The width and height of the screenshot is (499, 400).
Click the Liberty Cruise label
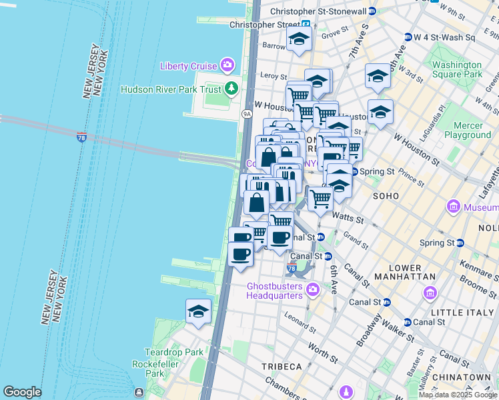188,65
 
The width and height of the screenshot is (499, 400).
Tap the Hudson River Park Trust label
171,89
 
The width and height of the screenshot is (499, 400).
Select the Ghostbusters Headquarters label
275,291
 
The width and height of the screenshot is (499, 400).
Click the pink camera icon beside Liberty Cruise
228,65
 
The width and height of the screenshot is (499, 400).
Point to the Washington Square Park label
456,69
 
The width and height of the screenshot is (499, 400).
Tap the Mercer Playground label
467,130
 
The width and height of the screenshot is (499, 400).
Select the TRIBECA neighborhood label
282,367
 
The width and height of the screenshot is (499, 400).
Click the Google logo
22,392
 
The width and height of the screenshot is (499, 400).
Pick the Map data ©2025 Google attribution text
458,395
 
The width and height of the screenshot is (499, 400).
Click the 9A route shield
247,114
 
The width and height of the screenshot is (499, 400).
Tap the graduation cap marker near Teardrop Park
198,311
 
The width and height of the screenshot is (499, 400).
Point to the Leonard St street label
298,321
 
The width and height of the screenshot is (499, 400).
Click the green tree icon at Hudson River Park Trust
231,87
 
